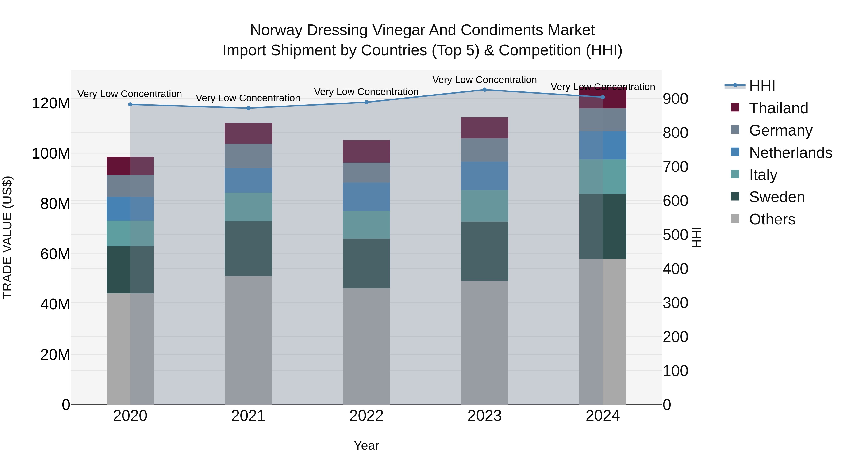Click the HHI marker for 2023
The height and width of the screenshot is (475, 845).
[x=484, y=90]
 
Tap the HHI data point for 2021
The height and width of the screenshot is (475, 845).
[x=248, y=108]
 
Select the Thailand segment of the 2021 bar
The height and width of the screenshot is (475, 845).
[x=248, y=133]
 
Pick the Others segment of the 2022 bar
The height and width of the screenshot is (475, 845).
[x=366, y=346]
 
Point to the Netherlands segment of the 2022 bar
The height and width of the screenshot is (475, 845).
[x=366, y=197]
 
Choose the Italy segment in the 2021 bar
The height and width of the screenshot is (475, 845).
[x=248, y=207]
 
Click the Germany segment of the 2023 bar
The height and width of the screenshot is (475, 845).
[x=484, y=150]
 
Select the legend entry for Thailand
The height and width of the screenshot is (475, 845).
[x=778, y=108]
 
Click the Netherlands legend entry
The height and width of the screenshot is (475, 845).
[x=790, y=153]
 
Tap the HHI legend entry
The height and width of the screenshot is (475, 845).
[x=762, y=86]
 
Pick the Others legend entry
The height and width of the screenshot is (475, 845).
[x=772, y=219]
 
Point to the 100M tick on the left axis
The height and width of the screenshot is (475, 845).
[x=51, y=153]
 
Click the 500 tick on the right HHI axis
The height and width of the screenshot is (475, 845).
[x=675, y=235]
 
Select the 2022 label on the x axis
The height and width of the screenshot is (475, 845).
[x=366, y=416]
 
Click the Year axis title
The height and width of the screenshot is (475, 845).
[x=366, y=445]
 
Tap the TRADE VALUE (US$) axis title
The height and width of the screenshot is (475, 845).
[x=7, y=237]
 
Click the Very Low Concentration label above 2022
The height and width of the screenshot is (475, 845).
[x=366, y=92]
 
